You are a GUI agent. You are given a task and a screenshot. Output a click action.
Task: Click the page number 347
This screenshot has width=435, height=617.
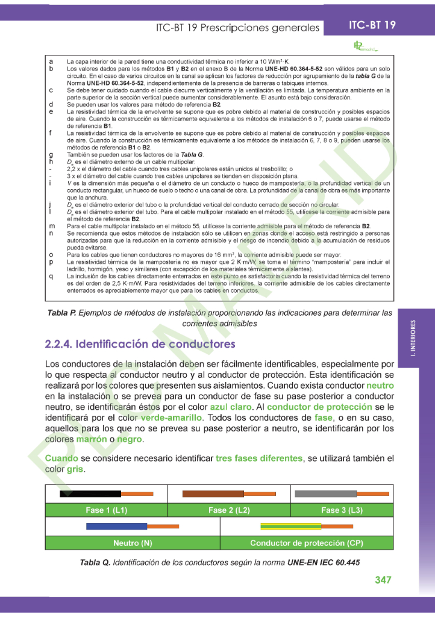point(383,580)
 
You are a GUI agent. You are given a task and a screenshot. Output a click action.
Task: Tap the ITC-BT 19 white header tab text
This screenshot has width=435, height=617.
point(372,25)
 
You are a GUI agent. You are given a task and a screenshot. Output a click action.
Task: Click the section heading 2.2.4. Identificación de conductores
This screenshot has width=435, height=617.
point(140,344)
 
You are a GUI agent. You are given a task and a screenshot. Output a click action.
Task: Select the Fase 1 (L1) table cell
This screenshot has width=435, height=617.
point(106,510)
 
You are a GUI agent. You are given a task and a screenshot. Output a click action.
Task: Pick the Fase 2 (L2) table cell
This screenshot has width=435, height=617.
point(229,510)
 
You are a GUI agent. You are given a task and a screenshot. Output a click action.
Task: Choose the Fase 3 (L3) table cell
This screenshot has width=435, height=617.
point(342,510)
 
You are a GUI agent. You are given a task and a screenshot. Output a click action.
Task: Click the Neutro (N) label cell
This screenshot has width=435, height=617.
point(133,543)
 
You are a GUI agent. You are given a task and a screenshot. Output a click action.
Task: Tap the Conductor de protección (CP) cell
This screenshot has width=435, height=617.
point(307,543)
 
